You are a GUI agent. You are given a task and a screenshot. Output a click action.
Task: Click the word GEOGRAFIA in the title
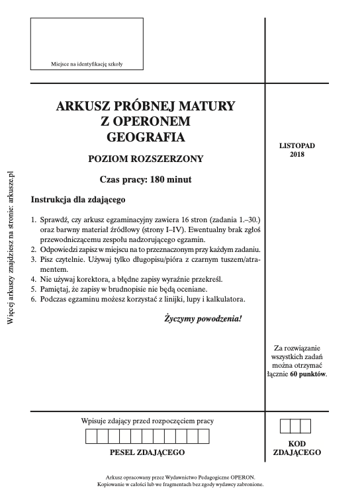click(x=146, y=138)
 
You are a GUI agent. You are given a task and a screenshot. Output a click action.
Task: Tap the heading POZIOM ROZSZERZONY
click(x=146, y=159)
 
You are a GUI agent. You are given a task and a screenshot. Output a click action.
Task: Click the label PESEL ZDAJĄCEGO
click(x=147, y=453)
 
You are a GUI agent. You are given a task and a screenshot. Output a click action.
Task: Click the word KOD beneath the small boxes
click(x=296, y=444)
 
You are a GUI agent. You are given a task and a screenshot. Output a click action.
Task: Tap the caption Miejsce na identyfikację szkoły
click(x=87, y=64)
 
